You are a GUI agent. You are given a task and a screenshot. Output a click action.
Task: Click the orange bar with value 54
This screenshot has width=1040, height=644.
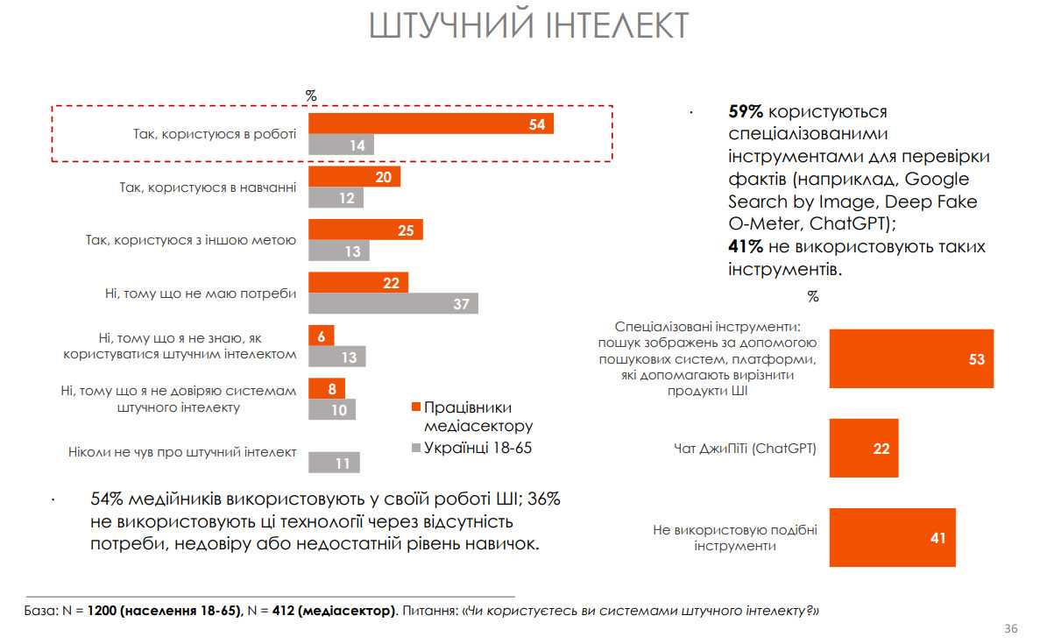coord(430,124)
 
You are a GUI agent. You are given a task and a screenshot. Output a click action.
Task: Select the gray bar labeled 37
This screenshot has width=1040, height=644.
coord(393,303)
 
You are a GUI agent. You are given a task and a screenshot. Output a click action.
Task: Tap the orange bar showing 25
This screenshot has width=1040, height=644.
coord(365,230)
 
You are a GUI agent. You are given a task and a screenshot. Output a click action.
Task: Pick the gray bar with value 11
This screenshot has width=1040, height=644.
coord(334,462)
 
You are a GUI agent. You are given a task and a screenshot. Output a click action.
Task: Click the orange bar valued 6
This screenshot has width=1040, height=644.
coord(321,336)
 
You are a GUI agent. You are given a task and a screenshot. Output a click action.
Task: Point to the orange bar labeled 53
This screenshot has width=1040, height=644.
coord(911,358)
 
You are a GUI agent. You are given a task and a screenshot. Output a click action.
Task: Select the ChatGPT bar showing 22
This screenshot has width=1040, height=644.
coord(864,448)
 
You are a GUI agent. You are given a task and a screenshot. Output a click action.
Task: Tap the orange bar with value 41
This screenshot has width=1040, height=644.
coord(892,537)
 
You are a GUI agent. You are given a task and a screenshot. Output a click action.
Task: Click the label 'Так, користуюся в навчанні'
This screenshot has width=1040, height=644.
coord(208,188)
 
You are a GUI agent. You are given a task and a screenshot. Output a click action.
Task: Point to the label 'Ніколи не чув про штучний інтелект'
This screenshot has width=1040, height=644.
coord(182,452)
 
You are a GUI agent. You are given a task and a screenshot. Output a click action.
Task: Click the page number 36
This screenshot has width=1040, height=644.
coord(1010,629)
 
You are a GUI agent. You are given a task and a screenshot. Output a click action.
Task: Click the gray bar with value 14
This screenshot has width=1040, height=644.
coord(341,145)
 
